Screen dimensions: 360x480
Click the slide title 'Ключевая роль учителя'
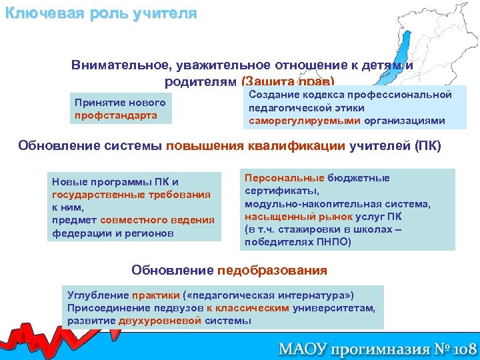point(101,13)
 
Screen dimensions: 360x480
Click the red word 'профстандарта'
point(116,116)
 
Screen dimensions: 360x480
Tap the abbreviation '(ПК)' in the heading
point(427,146)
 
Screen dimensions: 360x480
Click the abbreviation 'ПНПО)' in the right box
point(333,242)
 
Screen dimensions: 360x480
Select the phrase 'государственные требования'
point(131,195)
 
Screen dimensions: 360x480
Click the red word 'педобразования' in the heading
point(272,270)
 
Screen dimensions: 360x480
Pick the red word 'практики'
point(155,295)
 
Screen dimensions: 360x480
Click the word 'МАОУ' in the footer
point(301,347)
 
